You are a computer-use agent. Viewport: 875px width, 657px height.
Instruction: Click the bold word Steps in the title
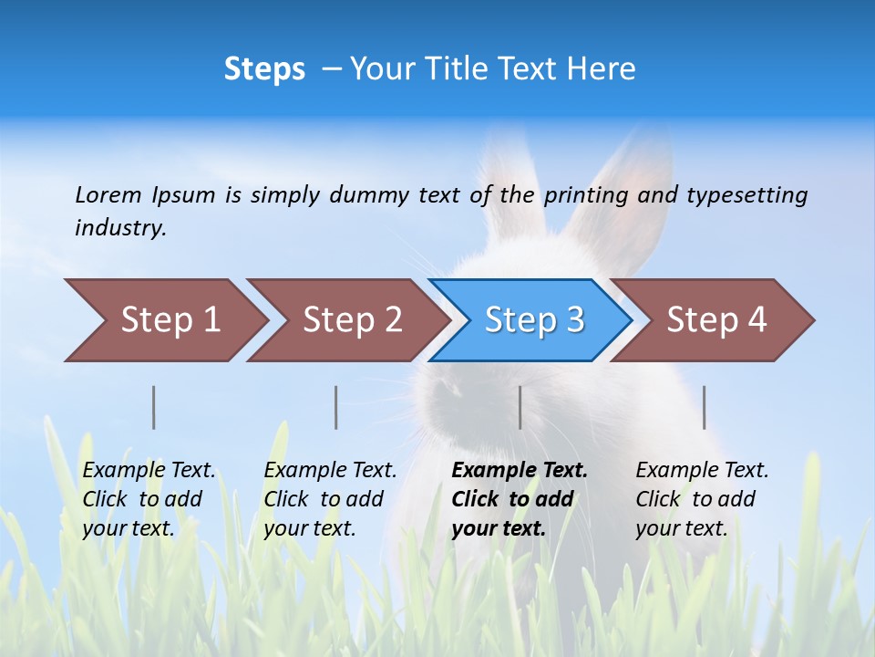coord(264,69)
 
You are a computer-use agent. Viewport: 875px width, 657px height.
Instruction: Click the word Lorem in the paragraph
coord(108,194)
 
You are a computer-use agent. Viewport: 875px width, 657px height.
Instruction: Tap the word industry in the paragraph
coord(119,227)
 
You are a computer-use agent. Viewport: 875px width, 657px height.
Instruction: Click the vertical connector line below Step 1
coord(153,407)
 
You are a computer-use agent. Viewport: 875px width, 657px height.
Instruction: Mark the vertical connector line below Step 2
coord(336,407)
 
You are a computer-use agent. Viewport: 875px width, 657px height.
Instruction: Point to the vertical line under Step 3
coord(520,407)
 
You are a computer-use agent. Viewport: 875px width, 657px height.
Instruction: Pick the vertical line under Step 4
coord(704,407)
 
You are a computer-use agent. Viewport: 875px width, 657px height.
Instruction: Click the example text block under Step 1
coord(149,499)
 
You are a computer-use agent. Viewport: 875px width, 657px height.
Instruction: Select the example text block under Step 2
coord(330,499)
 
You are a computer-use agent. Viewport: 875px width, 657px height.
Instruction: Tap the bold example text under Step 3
coord(519,499)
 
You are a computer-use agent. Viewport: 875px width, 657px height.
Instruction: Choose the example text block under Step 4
coord(701,499)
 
